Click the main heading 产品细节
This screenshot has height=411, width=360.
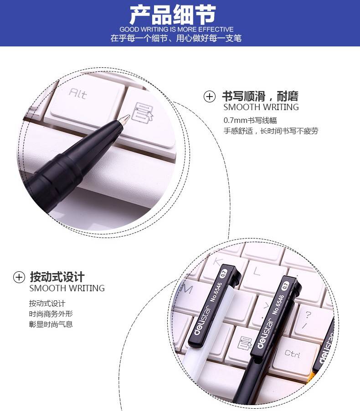pyautogui.click(x=173, y=15)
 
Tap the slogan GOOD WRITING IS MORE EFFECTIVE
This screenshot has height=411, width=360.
pyautogui.click(x=176, y=29)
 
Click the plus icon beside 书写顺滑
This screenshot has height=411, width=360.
pyautogui.click(x=209, y=96)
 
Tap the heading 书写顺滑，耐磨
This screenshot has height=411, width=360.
pyautogui.click(x=260, y=96)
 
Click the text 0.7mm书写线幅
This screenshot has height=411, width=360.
pyautogui.click(x=250, y=120)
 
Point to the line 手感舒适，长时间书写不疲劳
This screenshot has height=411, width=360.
pyautogui.click(x=271, y=131)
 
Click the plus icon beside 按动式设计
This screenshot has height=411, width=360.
pyautogui.click(x=19, y=277)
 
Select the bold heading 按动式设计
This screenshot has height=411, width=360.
pyautogui.click(x=57, y=277)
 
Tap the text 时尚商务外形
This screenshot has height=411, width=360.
pyautogui.click(x=51, y=314)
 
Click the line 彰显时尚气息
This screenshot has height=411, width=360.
pyautogui.click(x=51, y=324)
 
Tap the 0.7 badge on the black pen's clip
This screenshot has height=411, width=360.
pyautogui.click(x=285, y=285)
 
